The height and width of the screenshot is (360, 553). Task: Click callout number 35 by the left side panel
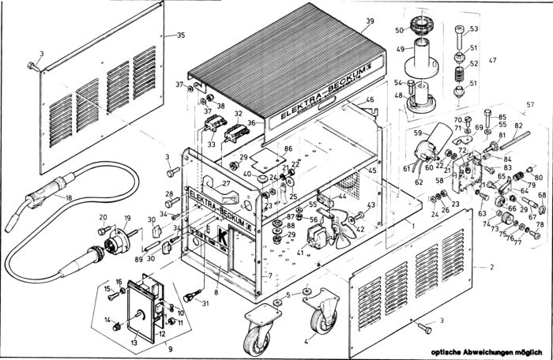point(180,36)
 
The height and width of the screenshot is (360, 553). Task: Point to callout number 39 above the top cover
point(370,22)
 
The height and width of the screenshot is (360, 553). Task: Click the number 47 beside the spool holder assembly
point(492,61)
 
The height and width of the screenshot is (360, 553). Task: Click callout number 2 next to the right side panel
point(491,268)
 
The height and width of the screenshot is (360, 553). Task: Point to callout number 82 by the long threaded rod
point(518,126)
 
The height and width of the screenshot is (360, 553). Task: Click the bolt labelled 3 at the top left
point(32,65)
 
